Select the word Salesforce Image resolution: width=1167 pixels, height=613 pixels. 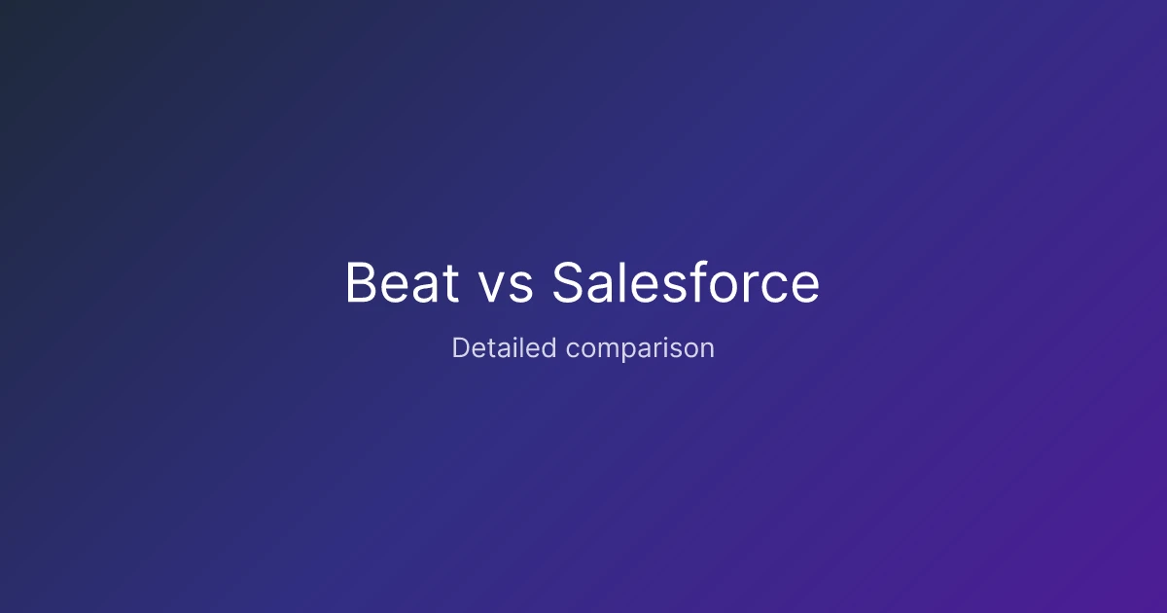point(686,283)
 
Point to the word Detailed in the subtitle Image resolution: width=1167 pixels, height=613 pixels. point(505,347)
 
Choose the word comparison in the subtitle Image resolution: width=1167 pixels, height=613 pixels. point(641,349)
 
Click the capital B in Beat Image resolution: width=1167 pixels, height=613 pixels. point(362,283)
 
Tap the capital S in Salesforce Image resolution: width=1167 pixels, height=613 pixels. point(570,283)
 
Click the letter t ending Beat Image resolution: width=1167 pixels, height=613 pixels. point(449,284)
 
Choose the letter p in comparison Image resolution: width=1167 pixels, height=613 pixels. point(625,352)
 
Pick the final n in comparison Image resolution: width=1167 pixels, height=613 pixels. point(708,349)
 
